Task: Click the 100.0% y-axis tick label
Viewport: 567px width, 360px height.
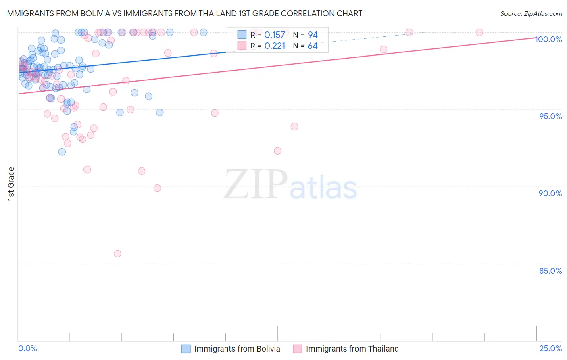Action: (x=548, y=39)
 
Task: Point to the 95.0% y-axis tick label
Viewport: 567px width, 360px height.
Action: (x=550, y=116)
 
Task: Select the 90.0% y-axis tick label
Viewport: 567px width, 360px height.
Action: (x=550, y=193)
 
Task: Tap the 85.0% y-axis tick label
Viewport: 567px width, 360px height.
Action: (x=550, y=271)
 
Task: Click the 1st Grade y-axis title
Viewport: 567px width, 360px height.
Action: (x=11, y=184)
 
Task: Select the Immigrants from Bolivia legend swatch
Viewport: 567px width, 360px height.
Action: (x=186, y=349)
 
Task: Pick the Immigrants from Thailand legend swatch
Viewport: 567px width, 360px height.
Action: (x=297, y=349)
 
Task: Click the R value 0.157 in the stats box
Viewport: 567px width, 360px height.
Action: (x=275, y=35)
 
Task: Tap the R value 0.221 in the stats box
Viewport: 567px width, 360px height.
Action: (x=275, y=46)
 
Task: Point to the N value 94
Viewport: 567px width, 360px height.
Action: (x=313, y=35)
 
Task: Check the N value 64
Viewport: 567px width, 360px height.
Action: (x=313, y=46)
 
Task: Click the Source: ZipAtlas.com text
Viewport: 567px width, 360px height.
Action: (x=531, y=14)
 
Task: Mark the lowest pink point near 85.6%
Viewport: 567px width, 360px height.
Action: (x=117, y=254)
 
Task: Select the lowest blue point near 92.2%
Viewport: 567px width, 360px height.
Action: (x=62, y=152)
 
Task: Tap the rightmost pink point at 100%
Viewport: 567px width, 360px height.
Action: (x=479, y=32)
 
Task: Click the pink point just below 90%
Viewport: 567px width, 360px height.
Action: (x=157, y=188)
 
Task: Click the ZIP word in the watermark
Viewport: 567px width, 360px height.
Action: (x=256, y=184)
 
